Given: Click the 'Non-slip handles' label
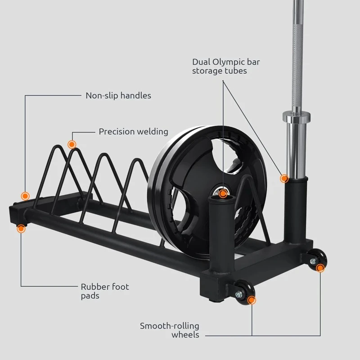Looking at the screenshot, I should click(118, 95).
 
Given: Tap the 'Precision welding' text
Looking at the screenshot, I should click(133, 131).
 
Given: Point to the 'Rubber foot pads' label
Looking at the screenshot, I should click(105, 291).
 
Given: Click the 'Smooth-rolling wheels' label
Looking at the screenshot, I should click(170, 330).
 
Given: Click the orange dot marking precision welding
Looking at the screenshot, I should click(71, 144).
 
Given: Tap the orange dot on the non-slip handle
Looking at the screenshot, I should click(25, 196).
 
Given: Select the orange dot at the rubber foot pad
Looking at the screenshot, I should click(21, 229).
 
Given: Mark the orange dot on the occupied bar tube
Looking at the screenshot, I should click(284, 178).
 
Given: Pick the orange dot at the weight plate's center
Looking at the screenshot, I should click(223, 193).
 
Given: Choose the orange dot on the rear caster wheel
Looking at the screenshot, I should click(320, 268).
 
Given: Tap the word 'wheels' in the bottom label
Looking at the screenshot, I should click(185, 335).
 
